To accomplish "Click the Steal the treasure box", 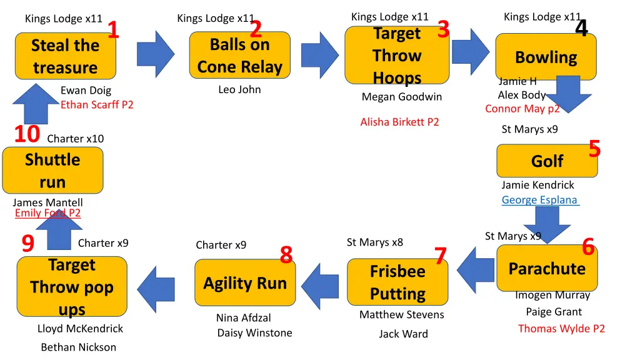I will pyautogui.click(x=65, y=56).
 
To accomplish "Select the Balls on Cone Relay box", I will pyautogui.click(x=239, y=55).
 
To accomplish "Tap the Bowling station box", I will pyautogui.click(x=546, y=57).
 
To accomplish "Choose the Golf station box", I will pyautogui.click(x=547, y=161).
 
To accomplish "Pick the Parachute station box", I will pyautogui.click(x=547, y=268).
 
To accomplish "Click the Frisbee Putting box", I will pyautogui.click(x=397, y=282).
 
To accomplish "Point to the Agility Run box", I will pyautogui.click(x=245, y=282).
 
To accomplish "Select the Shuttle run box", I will pyautogui.click(x=52, y=170).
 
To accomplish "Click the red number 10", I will pyautogui.click(x=27, y=134).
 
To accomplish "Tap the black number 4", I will pyautogui.click(x=581, y=28).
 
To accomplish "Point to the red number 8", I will pyautogui.click(x=286, y=255).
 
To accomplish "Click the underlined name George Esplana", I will pyautogui.click(x=540, y=200).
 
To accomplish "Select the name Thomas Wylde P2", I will pyautogui.click(x=561, y=329).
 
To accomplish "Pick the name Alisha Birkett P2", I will pyautogui.click(x=399, y=122).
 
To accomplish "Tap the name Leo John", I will pyautogui.click(x=239, y=89).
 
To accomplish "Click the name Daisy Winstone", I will pyautogui.click(x=254, y=333).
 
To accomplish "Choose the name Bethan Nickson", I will pyautogui.click(x=79, y=347).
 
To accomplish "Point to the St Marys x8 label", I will pyautogui.click(x=375, y=242).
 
